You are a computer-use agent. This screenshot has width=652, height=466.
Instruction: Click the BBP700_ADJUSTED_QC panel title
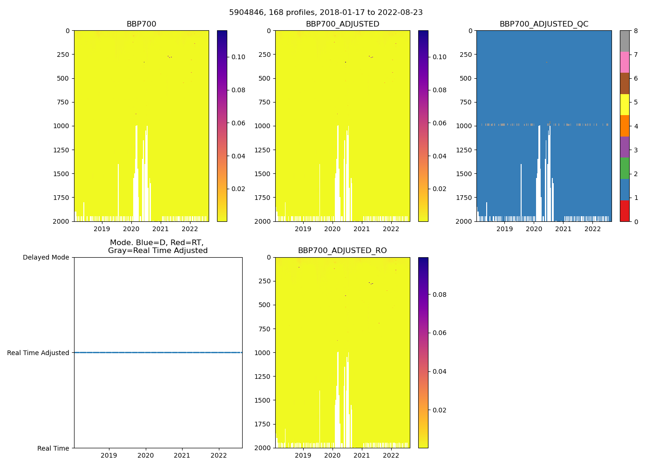[543, 24]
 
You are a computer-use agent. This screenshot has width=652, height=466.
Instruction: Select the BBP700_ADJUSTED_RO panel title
[342, 251]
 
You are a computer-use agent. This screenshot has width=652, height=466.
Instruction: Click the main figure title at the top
[326, 13]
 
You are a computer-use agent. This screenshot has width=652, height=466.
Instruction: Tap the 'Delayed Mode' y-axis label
[46, 257]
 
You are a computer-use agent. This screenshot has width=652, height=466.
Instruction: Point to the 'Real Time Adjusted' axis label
[38, 353]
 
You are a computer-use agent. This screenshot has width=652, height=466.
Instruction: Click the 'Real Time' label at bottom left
[53, 448]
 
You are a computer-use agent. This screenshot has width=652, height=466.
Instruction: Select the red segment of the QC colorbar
[625, 211]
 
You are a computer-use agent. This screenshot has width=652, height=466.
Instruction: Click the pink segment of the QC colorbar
[625, 62]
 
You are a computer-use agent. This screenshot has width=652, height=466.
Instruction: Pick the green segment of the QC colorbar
[625, 168]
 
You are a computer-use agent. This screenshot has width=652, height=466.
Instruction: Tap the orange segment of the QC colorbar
[625, 126]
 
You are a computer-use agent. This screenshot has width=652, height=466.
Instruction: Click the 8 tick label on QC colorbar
[636, 31]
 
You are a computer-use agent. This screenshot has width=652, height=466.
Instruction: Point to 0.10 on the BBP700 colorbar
[238, 57]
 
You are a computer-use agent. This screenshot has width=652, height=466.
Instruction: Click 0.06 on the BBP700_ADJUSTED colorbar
[440, 123]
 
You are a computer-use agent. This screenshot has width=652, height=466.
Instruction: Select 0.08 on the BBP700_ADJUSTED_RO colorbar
[440, 295]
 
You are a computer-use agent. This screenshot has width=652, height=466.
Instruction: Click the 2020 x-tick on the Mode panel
[145, 455]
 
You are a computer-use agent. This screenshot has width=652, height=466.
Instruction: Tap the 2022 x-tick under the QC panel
[592, 229]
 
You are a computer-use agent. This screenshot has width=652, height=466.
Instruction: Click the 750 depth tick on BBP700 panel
[62, 102]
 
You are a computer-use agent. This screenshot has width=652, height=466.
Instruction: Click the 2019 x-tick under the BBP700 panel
[102, 229]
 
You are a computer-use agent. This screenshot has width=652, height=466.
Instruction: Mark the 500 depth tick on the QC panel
[467, 78]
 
